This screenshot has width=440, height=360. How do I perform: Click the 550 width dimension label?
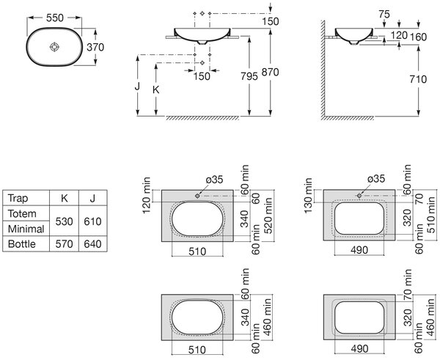(55, 18)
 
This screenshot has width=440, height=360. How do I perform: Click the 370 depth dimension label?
(95, 47)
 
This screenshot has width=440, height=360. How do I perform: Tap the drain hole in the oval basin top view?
(54, 47)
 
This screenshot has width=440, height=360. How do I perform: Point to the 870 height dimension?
(270, 72)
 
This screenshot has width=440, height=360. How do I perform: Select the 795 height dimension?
(249, 76)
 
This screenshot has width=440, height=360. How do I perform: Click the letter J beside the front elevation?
(137, 86)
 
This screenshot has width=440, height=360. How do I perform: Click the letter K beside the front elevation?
(155, 89)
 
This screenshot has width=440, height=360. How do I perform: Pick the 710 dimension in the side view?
(418, 79)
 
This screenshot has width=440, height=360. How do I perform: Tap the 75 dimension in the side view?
(384, 14)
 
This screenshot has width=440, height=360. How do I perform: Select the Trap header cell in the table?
(18, 198)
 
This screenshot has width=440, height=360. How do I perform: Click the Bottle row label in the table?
(22, 244)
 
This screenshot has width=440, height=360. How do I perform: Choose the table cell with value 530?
(65, 221)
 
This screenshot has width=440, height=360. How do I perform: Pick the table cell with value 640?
(92, 244)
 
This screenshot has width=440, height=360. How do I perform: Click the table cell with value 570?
(65, 244)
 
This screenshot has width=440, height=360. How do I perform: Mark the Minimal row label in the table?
(26, 229)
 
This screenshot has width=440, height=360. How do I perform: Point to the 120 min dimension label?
(147, 195)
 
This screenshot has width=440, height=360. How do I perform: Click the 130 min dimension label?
(308, 195)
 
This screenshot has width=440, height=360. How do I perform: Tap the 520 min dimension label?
(268, 216)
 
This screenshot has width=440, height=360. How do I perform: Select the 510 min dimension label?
(430, 215)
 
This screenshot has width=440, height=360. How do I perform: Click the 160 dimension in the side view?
(419, 37)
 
